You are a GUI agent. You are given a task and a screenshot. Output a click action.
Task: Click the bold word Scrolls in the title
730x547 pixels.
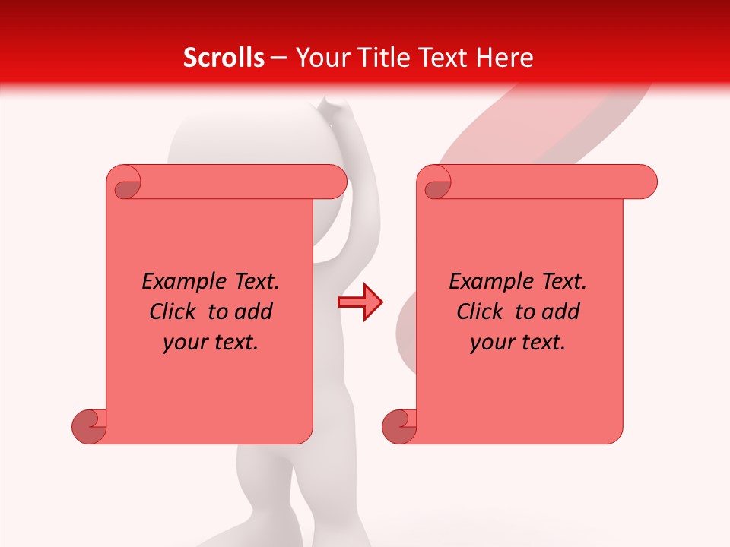(x=224, y=58)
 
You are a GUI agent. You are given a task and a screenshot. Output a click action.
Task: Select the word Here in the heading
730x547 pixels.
(x=507, y=58)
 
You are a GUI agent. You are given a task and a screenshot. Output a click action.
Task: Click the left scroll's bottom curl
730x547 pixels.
(x=89, y=426)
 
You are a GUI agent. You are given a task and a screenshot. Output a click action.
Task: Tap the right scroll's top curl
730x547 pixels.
(x=437, y=183)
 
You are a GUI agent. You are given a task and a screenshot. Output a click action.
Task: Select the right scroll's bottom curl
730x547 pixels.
(x=399, y=426)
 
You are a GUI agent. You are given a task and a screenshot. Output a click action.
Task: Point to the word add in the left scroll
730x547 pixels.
(x=253, y=311)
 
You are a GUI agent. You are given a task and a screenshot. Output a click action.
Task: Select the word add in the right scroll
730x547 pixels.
(x=560, y=311)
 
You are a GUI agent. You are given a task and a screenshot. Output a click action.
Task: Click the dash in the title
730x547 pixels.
(x=278, y=58)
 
